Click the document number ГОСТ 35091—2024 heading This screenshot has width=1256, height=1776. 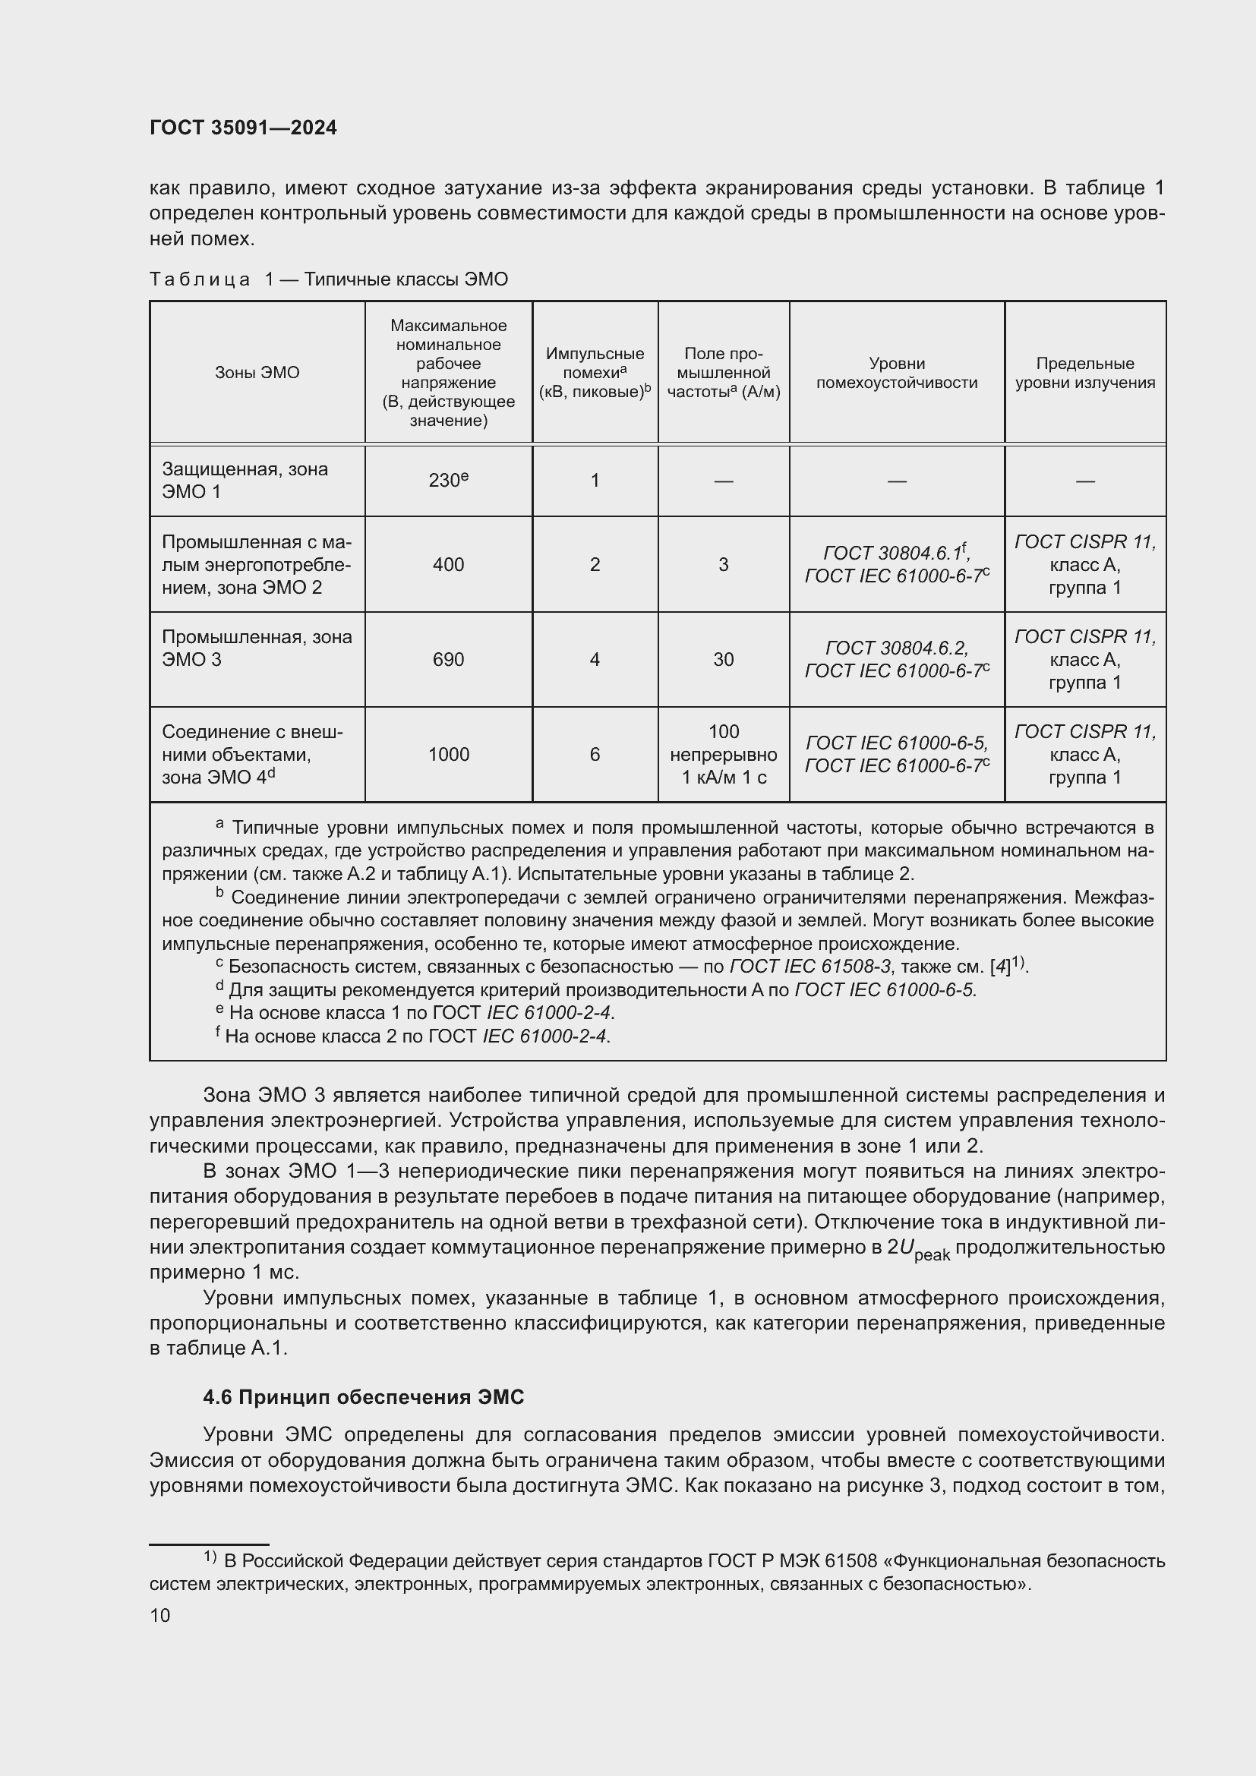(243, 128)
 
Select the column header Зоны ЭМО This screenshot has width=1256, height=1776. (257, 373)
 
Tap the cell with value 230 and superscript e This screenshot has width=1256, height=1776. (448, 481)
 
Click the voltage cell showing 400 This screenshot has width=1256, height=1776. (448, 565)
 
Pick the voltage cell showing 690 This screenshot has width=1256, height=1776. (448, 660)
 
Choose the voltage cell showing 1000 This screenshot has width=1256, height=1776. (448, 754)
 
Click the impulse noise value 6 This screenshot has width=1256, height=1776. (595, 754)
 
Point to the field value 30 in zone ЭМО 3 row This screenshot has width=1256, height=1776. (723, 660)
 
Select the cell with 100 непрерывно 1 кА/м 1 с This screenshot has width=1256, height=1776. (723, 754)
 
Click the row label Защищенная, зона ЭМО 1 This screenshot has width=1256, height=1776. (245, 481)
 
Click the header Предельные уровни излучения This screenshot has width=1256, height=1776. (1085, 373)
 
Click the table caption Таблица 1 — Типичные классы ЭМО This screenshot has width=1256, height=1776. (329, 279)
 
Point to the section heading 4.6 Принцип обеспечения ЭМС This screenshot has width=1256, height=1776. (364, 1397)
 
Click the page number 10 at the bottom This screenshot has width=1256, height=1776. (160, 1616)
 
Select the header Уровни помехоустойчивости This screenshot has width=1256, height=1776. (896, 373)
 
